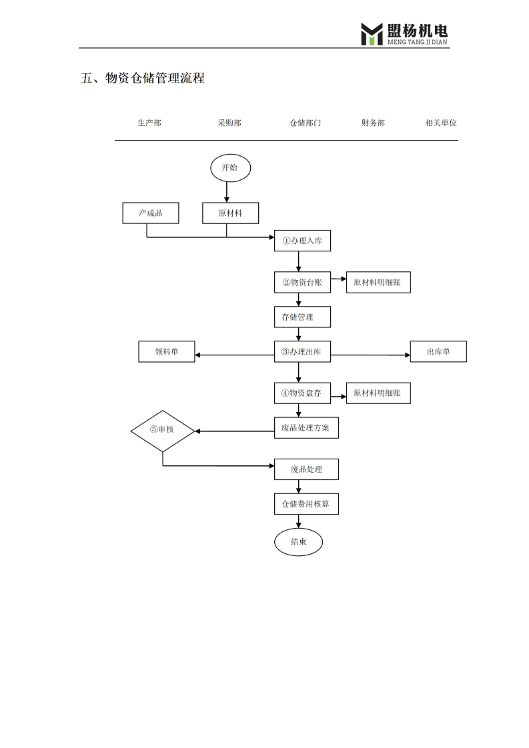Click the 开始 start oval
[x=230, y=168]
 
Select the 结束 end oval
[x=298, y=542]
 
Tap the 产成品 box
[x=150, y=213]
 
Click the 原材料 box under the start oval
[x=230, y=213]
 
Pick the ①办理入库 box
[x=302, y=241]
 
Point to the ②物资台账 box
[x=302, y=283]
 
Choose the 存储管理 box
[x=302, y=317]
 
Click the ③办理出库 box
[x=302, y=351]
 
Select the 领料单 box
[x=167, y=351]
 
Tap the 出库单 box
[x=438, y=351]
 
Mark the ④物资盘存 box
[x=302, y=393]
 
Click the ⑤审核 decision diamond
[x=163, y=431]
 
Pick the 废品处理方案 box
[x=306, y=428]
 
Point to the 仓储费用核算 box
[x=306, y=504]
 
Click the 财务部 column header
[x=373, y=123]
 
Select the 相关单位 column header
[x=441, y=123]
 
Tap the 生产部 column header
[x=149, y=123]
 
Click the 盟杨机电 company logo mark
[x=372, y=35]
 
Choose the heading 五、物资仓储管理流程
[x=143, y=78]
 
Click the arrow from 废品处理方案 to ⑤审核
[x=235, y=431]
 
